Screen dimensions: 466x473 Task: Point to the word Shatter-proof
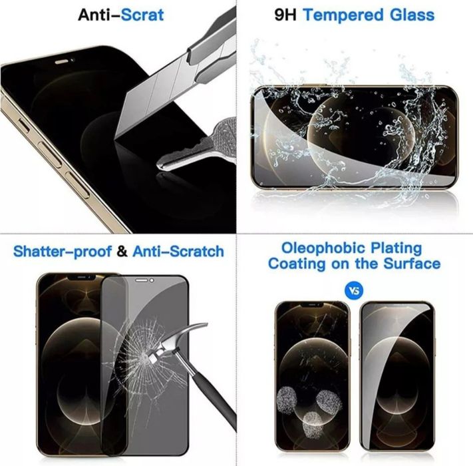(x=55, y=252)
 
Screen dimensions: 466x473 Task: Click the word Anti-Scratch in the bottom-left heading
(x=178, y=252)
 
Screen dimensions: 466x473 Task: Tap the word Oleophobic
(x=313, y=248)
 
